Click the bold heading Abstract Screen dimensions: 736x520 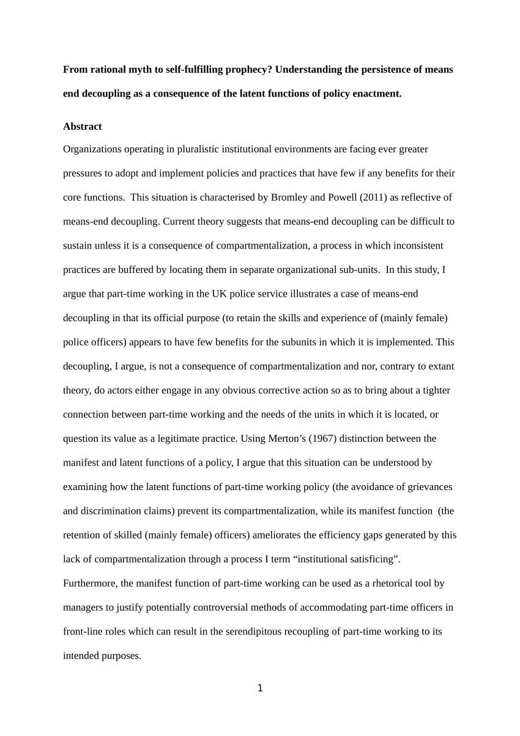tap(82, 127)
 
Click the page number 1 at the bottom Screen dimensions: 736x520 tap(260, 688)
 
